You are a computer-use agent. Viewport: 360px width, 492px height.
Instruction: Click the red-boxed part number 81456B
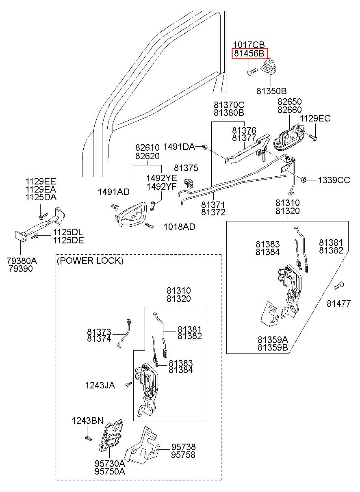coord(249,53)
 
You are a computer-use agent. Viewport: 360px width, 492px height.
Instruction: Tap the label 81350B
coord(271,91)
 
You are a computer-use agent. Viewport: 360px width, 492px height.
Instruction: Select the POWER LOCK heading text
coord(90,260)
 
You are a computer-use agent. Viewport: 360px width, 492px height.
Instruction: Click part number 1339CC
coord(334,180)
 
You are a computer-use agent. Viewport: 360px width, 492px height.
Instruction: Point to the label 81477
coord(338,303)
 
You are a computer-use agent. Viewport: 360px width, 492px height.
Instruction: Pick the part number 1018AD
coord(180,227)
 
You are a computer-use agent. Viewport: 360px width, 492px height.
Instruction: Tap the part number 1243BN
coord(87,420)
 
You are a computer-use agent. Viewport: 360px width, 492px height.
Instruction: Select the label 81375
coord(186,168)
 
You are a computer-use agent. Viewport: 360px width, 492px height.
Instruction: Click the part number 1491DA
coord(179,147)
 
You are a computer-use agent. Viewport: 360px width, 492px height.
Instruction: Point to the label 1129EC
coord(315,119)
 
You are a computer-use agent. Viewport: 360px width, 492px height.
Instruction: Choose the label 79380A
coord(22,261)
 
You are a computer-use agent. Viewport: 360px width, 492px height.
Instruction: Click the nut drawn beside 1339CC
coord(304,180)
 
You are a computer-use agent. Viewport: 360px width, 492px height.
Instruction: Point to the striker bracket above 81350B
coord(269,66)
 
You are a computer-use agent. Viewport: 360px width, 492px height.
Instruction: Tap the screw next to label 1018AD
coord(149,226)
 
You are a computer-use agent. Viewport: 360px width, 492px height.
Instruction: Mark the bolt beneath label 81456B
coord(252,72)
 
